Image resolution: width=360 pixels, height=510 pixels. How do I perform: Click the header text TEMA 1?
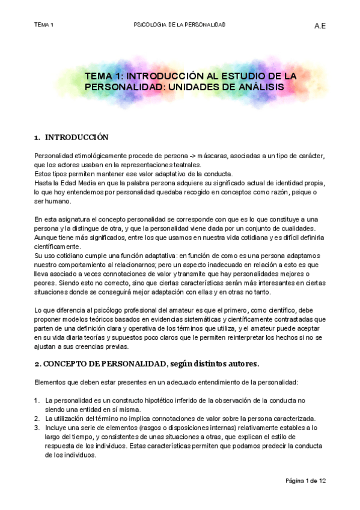(44, 25)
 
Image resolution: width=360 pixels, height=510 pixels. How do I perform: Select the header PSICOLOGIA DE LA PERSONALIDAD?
(179, 25)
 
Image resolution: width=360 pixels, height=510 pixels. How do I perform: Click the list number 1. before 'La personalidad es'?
(37, 401)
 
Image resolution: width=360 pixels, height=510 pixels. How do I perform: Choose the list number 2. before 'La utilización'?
(37, 419)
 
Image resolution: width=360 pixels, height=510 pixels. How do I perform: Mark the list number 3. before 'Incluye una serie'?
(37, 428)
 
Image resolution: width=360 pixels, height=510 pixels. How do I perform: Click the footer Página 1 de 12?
(305, 481)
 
